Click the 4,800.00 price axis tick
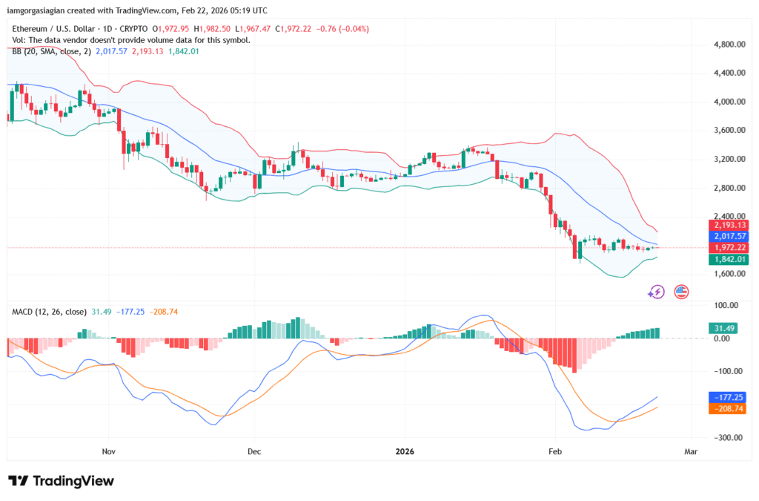coord(723,45)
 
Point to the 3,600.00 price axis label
coord(723,131)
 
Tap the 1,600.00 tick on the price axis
coord(723,274)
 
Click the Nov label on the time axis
coord(109,451)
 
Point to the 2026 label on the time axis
coord(405,451)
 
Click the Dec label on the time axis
coord(254,451)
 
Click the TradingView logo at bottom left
coord(61,481)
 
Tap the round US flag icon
coord(681,292)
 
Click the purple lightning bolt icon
coord(656,292)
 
